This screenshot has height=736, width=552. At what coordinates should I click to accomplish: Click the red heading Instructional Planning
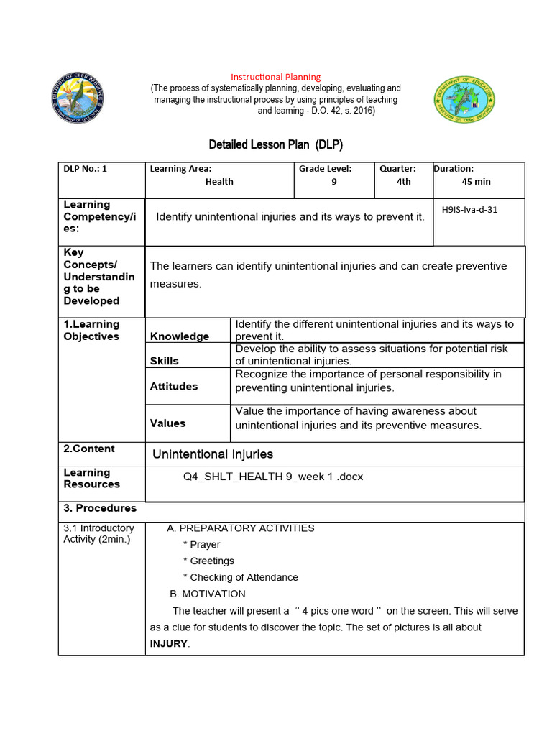[x=275, y=77]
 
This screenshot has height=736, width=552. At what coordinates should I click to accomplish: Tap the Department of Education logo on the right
[x=464, y=101]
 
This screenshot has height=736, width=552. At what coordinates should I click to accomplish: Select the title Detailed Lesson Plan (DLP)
[x=275, y=144]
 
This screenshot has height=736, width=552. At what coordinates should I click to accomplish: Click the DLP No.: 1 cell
[x=85, y=169]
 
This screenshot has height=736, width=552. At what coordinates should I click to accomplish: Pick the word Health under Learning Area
[x=219, y=182]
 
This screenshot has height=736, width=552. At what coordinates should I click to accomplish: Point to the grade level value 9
[x=333, y=182]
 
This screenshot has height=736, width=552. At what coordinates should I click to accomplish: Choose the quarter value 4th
[x=404, y=182]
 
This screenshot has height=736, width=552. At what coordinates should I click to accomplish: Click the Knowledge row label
[x=180, y=336]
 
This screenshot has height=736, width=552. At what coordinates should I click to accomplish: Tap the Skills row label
[x=165, y=361]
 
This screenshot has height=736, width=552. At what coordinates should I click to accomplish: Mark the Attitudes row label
[x=174, y=386]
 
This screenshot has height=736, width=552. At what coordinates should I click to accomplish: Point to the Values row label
[x=167, y=423]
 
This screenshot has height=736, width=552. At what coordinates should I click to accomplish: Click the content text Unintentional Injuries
[x=213, y=454]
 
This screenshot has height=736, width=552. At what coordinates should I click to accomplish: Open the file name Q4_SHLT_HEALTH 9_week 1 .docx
[x=273, y=477]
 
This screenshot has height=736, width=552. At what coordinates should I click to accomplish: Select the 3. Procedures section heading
[x=100, y=508]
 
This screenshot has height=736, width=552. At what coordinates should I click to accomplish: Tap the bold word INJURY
[x=170, y=644]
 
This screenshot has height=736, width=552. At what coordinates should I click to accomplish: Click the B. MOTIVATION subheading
[x=208, y=594]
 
